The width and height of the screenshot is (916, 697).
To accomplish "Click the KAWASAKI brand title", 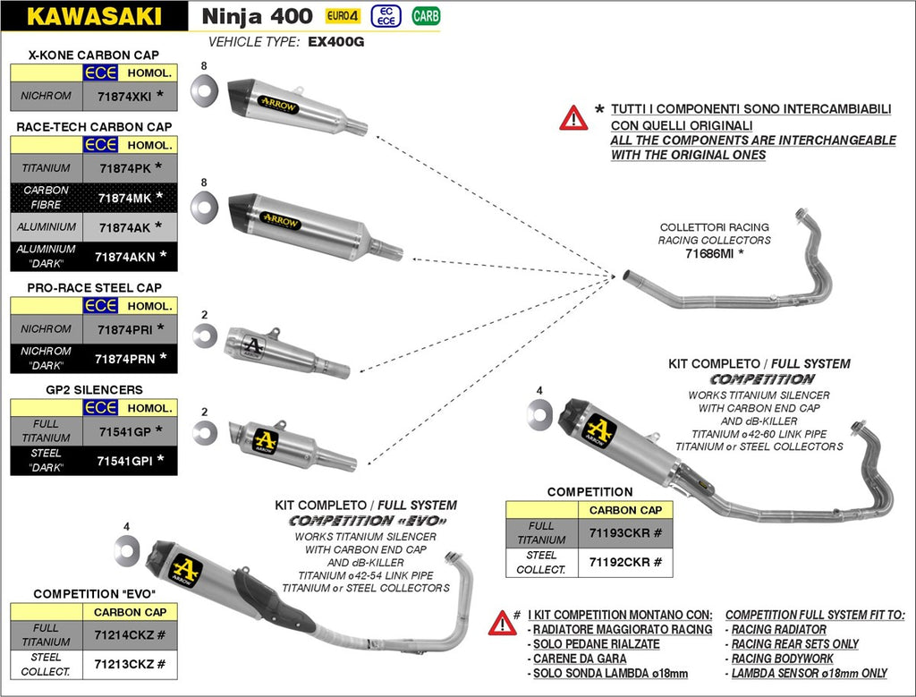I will (x=94, y=15).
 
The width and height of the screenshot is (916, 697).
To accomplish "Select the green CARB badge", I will (x=426, y=15).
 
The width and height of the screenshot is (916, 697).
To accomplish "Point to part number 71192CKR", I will (x=624, y=563).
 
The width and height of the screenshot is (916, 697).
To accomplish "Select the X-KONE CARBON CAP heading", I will (x=94, y=55).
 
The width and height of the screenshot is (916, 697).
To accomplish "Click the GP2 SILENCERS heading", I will (x=94, y=390).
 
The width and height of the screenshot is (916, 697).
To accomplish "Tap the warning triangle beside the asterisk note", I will (x=573, y=118).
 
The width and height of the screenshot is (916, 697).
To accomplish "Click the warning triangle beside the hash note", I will (x=502, y=623).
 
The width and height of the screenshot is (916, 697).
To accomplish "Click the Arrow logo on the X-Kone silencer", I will (x=279, y=105).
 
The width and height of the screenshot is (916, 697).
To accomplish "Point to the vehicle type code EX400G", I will (x=335, y=42).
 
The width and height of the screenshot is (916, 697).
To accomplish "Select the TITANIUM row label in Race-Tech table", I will (x=47, y=167).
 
